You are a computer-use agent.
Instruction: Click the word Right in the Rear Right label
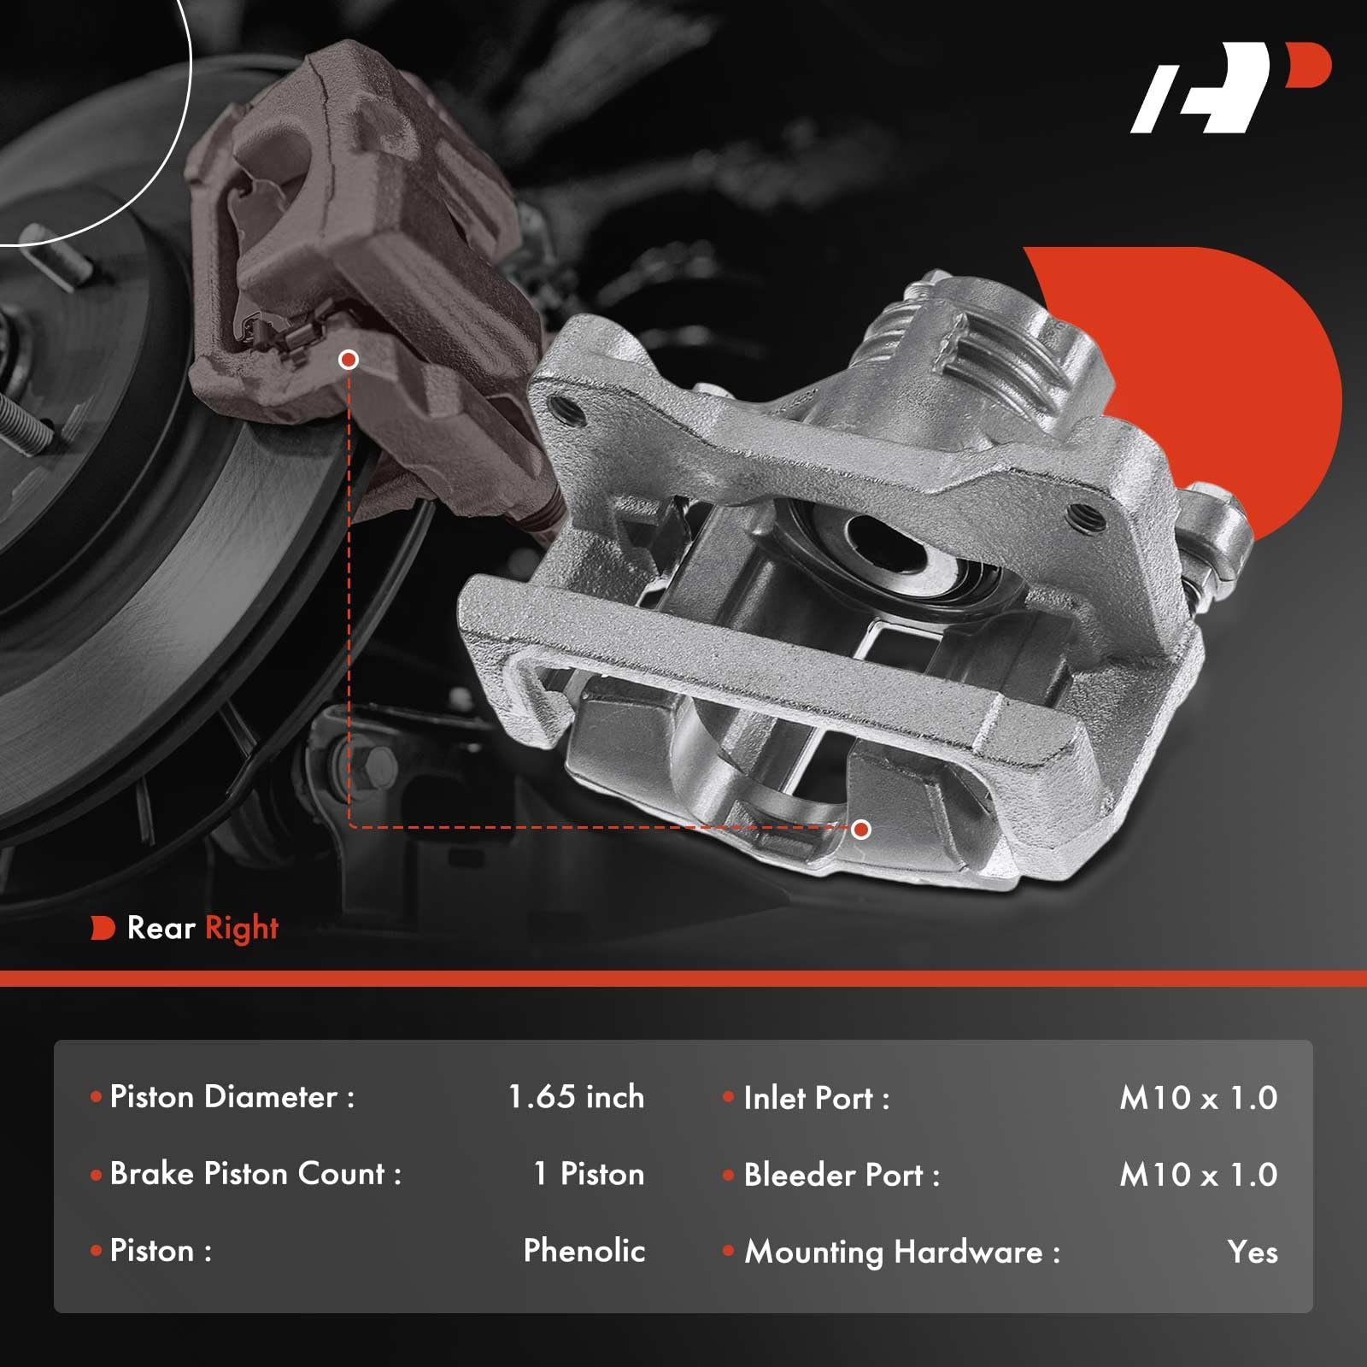click(x=242, y=929)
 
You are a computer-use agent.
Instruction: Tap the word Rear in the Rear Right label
click(x=161, y=928)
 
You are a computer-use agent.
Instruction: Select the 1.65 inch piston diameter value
click(x=576, y=1097)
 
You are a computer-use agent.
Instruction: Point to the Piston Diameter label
click(x=232, y=1097)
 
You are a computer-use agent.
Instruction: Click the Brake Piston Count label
click(x=255, y=1174)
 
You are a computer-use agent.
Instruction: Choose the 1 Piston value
click(x=589, y=1174)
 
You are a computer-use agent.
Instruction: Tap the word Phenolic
click(x=584, y=1251)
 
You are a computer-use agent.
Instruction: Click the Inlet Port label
click(x=816, y=1099)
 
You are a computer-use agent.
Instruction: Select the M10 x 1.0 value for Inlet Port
click(x=1198, y=1099)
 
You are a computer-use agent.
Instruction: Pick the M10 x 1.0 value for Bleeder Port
click(x=1198, y=1176)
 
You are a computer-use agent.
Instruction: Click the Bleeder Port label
click(x=842, y=1176)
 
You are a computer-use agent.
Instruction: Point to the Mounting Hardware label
click(x=901, y=1253)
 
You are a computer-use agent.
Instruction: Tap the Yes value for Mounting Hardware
click(x=1253, y=1253)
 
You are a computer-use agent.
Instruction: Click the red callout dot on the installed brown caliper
click(x=348, y=360)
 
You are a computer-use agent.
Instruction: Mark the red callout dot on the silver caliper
click(x=861, y=829)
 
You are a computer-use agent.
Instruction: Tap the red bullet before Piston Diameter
click(x=97, y=1097)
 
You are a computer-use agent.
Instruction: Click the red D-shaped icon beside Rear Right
click(x=103, y=928)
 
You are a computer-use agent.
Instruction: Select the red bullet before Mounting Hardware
click(x=729, y=1252)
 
